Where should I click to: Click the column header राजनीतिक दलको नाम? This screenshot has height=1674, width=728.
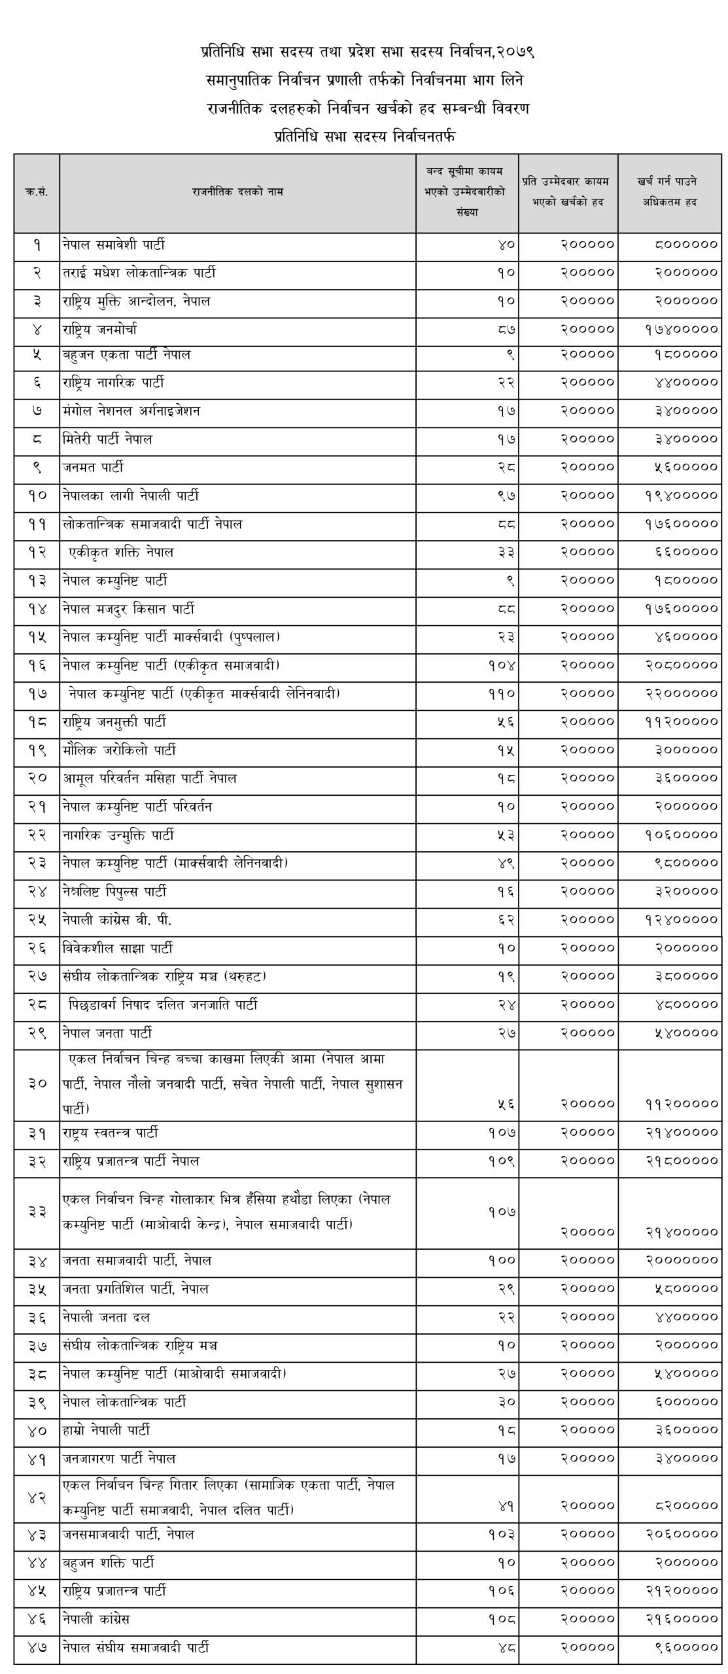point(237,192)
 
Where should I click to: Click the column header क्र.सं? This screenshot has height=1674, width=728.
point(37,192)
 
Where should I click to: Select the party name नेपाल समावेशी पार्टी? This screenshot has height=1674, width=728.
point(114,246)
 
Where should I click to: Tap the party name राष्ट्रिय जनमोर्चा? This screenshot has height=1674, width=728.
point(100,330)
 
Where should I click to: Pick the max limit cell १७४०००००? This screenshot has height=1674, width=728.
point(680,330)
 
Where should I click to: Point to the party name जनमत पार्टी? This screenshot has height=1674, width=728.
point(93,468)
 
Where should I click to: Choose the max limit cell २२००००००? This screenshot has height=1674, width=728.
point(680,694)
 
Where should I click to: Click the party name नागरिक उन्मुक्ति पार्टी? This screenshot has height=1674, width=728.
point(118,835)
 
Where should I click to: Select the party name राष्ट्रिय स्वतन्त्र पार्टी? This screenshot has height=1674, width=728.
point(111,1133)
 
